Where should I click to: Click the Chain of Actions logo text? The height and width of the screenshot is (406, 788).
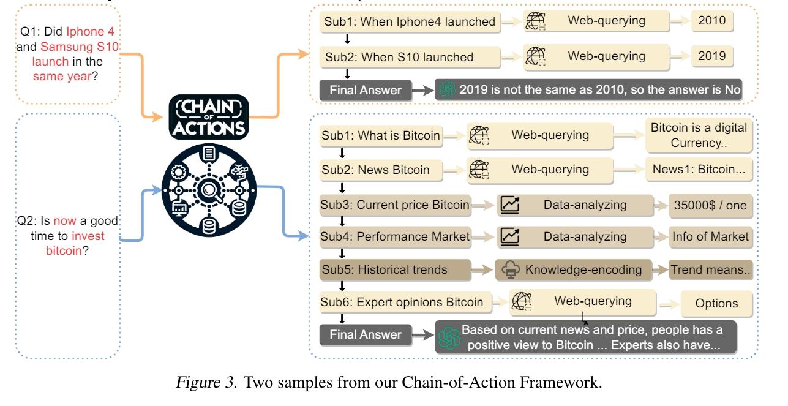(x=211, y=118)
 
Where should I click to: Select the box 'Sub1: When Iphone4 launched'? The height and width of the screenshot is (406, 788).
(x=410, y=21)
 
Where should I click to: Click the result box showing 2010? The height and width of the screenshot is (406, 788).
(x=711, y=21)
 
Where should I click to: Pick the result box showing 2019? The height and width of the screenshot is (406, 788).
(x=711, y=56)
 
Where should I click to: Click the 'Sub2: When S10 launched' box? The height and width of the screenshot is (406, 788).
(x=399, y=57)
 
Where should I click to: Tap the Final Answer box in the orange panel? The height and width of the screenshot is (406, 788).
(x=366, y=91)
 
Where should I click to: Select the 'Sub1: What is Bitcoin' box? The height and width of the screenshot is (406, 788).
(x=380, y=135)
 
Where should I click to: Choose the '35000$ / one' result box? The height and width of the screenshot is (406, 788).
(x=708, y=205)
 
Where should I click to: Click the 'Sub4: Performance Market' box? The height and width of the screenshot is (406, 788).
(x=395, y=236)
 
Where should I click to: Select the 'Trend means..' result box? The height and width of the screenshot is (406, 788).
(x=710, y=270)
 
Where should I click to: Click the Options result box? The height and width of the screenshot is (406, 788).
(x=716, y=303)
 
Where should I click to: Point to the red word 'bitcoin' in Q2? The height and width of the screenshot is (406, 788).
(x=64, y=250)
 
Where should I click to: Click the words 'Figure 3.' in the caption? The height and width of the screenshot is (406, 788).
(x=201, y=385)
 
